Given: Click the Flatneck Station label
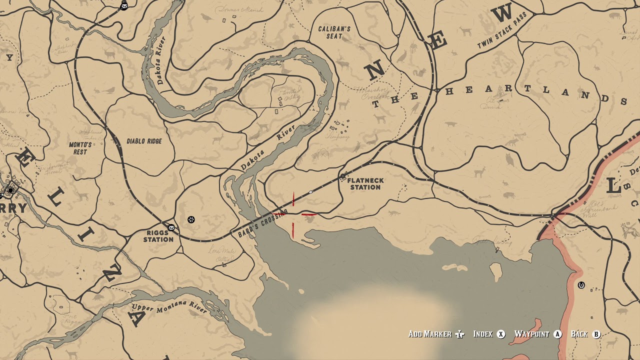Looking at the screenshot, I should pos(365,184).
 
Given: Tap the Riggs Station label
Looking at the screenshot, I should pos(158,236).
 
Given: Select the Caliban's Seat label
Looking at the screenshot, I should pos(334,32).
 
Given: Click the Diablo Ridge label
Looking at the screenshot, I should pos(144,141).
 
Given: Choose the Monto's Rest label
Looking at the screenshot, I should pos(80,148).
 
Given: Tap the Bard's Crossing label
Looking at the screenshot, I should pos(263,223).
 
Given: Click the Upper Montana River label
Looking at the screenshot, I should pos(169,306).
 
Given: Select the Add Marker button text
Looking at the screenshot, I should pos(430,334).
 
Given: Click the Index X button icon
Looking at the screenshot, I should pos(501,334).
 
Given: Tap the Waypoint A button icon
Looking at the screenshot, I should pos(557,334).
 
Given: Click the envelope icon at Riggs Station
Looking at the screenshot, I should pos(171,227).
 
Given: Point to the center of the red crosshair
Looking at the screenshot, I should pos(293,215).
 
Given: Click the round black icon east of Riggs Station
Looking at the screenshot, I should pos(191,219).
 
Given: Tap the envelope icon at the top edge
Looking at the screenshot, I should pos(124,6).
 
